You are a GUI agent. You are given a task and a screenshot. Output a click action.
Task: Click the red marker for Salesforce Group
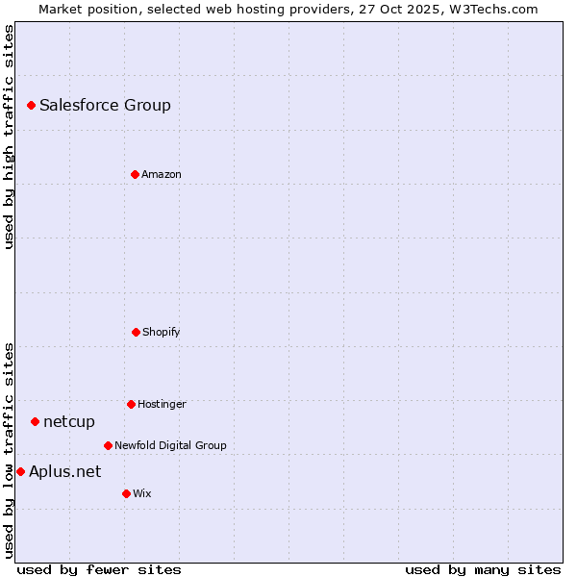tap(31, 105)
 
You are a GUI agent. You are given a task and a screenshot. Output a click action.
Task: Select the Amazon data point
tap(135, 174)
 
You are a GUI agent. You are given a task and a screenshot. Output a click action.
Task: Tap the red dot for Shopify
tap(136, 332)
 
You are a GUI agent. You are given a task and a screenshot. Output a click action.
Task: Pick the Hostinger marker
tap(131, 404)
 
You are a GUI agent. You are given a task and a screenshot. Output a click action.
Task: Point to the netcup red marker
tap(35, 421)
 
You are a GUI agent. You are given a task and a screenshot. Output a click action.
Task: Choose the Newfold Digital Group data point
tap(108, 445)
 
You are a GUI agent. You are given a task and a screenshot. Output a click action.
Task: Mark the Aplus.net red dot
tap(20, 471)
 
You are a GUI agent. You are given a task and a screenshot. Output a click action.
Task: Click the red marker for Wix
tap(126, 493)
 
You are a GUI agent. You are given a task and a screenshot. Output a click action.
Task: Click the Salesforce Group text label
tap(105, 106)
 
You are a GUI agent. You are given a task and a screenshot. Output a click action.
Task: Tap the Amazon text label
tap(162, 175)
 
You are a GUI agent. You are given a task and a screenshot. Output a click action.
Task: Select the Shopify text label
tap(162, 333)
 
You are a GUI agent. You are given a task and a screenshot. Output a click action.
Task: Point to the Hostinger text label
tap(162, 405)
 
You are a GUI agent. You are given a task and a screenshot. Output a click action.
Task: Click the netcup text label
tap(69, 422)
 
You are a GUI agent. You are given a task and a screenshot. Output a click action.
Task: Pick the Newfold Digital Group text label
tap(170, 446)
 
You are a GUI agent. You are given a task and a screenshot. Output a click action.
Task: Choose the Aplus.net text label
tap(64, 471)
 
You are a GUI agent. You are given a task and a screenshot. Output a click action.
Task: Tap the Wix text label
tap(142, 494)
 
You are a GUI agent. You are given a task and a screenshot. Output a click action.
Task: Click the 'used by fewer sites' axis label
tap(99, 570)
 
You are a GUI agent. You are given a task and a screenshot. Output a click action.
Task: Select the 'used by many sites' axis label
tap(483, 570)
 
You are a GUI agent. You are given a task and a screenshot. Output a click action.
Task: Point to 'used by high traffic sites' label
tap(9, 137)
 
